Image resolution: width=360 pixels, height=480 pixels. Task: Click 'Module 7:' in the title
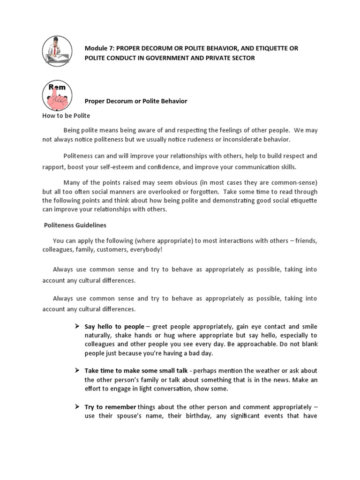pos(99,48)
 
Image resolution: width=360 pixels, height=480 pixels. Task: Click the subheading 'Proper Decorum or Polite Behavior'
pos(136,101)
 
